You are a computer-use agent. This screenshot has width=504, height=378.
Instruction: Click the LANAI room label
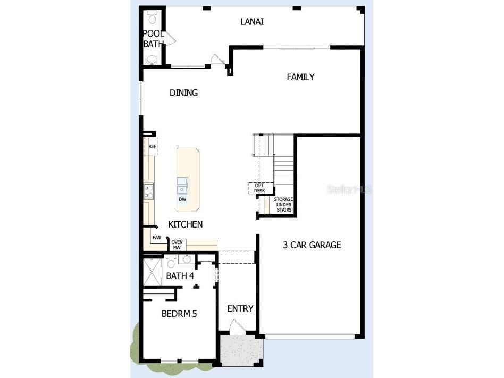click(x=252, y=22)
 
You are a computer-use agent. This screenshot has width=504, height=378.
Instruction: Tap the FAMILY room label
click(x=300, y=77)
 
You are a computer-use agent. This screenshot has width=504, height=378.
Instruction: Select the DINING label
click(x=183, y=93)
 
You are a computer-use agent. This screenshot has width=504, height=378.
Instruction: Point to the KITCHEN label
click(x=185, y=224)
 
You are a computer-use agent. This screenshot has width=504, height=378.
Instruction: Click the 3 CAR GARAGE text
click(x=312, y=245)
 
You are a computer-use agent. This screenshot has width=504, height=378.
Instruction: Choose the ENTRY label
click(x=240, y=309)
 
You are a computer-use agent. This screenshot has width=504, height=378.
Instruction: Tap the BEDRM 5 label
click(x=179, y=314)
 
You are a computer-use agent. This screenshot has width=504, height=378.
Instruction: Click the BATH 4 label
click(x=180, y=276)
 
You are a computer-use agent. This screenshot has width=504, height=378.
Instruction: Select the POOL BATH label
click(x=153, y=39)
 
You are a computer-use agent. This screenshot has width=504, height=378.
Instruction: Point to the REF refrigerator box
click(x=152, y=146)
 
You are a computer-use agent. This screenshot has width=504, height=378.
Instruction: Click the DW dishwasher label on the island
click(x=182, y=200)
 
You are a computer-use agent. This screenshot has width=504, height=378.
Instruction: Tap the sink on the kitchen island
click(x=182, y=185)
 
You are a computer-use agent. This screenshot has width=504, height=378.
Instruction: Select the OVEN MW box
click(x=177, y=245)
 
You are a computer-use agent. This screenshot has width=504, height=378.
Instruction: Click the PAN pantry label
click(x=156, y=238)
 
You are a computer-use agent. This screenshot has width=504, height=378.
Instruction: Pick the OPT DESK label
click(x=259, y=188)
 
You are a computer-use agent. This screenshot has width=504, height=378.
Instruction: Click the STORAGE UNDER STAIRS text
click(x=283, y=205)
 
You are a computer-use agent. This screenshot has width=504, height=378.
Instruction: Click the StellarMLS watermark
click(x=349, y=189)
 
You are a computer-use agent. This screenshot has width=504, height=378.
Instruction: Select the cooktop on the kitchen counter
click(x=148, y=191)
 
